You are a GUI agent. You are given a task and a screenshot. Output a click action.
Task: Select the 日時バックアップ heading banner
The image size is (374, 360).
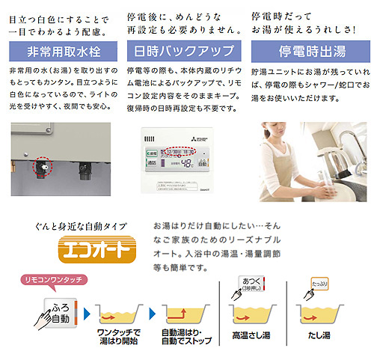click(x=185, y=52)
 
